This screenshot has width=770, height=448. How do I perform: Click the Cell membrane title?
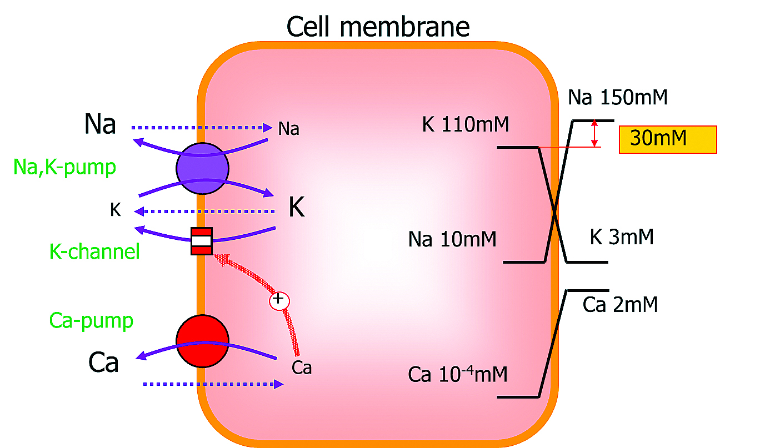(378, 26)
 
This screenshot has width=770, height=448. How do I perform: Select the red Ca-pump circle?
(202, 340)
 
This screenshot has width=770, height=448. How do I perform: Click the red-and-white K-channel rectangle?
(201, 241)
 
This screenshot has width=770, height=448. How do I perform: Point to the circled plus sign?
(279, 300)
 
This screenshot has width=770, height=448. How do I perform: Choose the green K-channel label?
(94, 252)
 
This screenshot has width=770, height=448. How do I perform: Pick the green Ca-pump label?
(91, 320)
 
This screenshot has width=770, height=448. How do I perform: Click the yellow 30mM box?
(668, 139)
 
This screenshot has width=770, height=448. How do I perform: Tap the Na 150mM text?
(618, 98)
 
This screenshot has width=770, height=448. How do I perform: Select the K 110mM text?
(466, 124)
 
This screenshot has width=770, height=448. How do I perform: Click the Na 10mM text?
(452, 240)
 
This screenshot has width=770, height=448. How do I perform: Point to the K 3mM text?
(622, 238)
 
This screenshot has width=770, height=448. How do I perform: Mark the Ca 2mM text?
(621, 305)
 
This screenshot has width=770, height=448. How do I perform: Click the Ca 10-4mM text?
(458, 374)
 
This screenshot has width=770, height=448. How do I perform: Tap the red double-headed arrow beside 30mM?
(595, 133)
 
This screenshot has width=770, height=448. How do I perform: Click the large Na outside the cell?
(100, 124)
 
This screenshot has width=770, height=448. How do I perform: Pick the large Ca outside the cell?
(103, 363)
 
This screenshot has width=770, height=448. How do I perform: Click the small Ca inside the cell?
(301, 368)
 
